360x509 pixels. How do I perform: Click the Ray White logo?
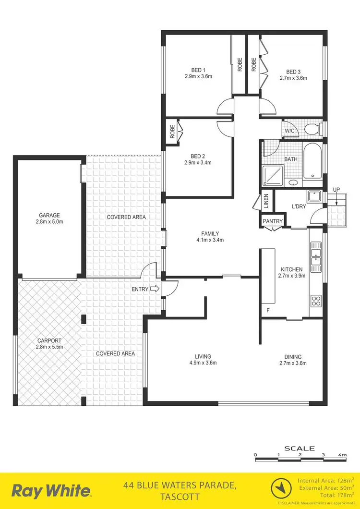[51, 491]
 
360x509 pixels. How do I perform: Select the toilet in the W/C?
[312, 129]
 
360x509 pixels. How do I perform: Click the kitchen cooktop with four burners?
[316, 301]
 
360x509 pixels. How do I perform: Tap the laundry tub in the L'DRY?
[314, 197]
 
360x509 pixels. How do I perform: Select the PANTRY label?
[272, 221]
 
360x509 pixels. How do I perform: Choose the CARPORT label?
[50, 340]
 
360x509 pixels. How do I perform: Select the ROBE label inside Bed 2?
[172, 132]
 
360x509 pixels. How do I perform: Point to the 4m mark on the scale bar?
[342, 454]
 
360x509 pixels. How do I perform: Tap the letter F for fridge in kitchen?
[268, 310]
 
